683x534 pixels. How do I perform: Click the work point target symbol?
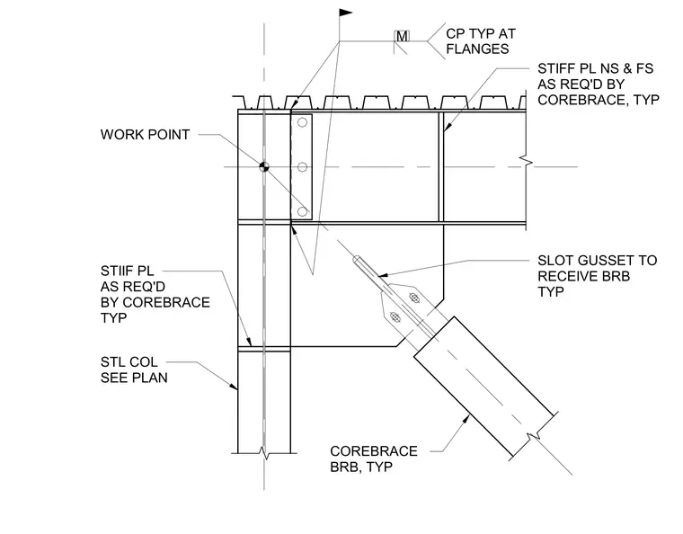point(264,166)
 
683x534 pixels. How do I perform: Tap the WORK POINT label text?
point(145,135)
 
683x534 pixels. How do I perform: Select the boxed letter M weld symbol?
point(402,36)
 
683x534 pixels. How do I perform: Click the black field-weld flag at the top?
point(345,13)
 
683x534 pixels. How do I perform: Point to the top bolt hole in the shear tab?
point(302,122)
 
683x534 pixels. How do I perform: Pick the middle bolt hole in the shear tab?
point(302,167)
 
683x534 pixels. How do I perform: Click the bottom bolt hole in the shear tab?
point(302,211)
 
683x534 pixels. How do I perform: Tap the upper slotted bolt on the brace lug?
point(414,298)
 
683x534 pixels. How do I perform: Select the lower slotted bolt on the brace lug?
point(395,317)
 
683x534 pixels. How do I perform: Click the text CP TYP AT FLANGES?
point(481,41)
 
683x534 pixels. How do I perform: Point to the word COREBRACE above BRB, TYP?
point(374,450)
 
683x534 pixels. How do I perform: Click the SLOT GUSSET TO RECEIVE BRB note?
point(598,276)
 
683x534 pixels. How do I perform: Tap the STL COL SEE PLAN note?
point(134,369)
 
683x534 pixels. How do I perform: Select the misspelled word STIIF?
point(113,271)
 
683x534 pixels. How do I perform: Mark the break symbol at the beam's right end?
point(527,163)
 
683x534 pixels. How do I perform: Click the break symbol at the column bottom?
point(264,453)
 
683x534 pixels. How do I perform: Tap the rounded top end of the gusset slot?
point(357,259)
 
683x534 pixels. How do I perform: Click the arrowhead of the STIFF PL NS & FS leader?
point(445,128)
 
